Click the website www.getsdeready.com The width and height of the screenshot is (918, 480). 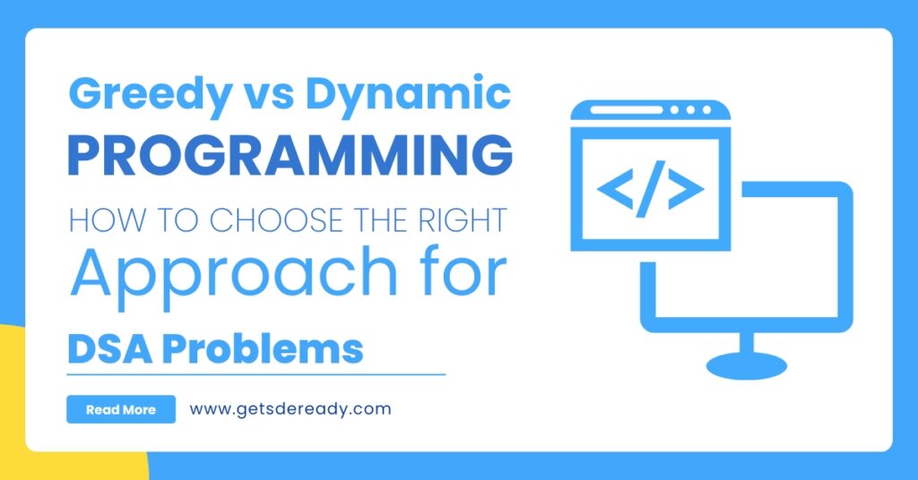(290, 409)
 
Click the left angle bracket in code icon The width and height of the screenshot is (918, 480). (614, 189)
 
